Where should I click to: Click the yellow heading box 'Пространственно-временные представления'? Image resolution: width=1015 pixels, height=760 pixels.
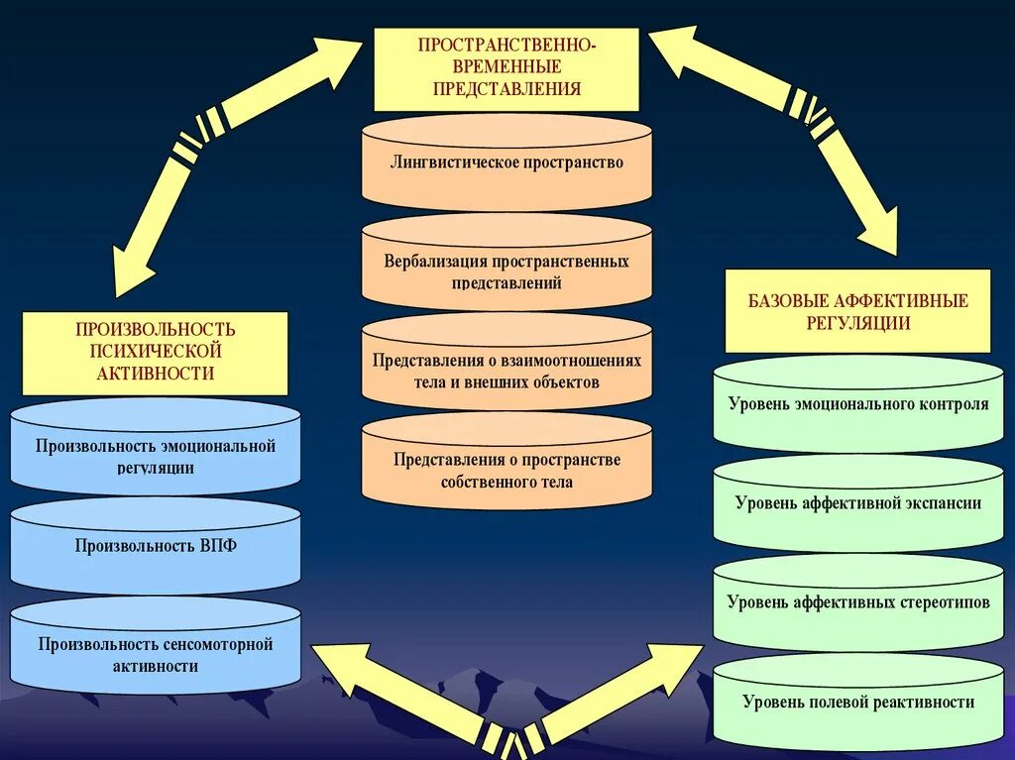[506, 68]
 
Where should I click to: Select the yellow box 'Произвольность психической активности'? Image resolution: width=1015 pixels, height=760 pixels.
[155, 352]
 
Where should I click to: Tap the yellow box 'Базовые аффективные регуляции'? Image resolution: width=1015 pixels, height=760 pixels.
[857, 310]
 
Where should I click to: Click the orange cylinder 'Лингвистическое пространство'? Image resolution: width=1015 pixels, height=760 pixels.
[507, 163]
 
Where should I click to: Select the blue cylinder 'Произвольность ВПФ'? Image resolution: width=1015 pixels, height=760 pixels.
[155, 547]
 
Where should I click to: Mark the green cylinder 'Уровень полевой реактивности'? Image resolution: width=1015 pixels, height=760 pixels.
[857, 704]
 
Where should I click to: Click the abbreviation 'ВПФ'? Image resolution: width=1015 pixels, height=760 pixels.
[216, 547]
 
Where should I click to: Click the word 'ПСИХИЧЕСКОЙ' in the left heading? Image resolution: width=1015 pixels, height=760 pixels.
[155, 351]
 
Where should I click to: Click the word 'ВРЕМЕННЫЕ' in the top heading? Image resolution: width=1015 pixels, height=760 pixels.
[506, 66]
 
